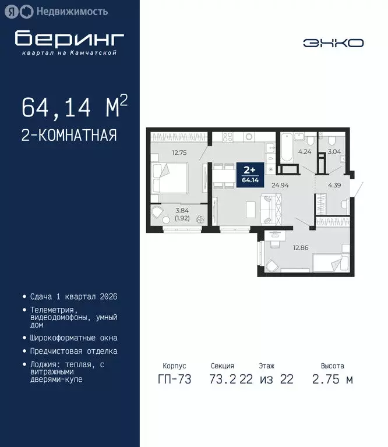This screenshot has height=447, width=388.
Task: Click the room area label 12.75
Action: coord(163,154)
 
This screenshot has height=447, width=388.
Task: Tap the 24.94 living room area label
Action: coord(280,185)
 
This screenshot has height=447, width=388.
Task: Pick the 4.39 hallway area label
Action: coord(334,185)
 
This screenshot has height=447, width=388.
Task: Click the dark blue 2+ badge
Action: coord(249,173)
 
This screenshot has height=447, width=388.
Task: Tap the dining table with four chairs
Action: coord(222,176)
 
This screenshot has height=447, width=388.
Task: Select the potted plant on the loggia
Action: coord(201,219)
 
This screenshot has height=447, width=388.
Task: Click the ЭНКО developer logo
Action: coord(333,42)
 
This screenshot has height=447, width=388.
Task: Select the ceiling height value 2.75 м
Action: coord(332,379)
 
